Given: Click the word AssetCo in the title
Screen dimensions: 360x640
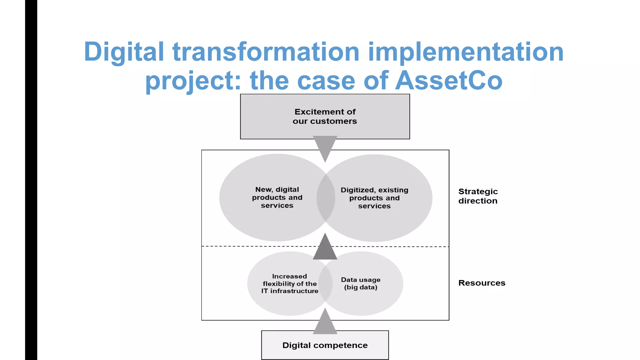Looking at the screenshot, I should tap(449, 80).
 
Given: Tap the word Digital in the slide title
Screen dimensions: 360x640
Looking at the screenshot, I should tap(124, 52).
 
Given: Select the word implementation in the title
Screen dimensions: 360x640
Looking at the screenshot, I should tap(466, 52).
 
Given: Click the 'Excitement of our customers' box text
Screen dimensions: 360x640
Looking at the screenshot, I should tap(325, 116).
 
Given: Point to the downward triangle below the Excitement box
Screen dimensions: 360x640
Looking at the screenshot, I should tap(325, 147).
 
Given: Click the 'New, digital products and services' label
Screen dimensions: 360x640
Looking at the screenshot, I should tap(277, 197).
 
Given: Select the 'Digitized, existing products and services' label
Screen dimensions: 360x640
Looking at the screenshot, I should tap(374, 198).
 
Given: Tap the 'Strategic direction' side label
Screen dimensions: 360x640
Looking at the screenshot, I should tap(478, 196).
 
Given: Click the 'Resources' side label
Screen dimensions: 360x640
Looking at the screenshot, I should tap(482, 283).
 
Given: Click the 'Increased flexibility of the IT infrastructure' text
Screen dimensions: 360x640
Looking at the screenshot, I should tap(290, 283).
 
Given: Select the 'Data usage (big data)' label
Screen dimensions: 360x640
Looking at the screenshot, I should tap(361, 283).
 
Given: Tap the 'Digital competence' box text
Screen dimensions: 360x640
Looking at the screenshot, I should tap(325, 345).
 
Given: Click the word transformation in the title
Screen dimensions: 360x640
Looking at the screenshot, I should tap(266, 52).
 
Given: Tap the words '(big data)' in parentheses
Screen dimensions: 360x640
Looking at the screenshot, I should tap(361, 287).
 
